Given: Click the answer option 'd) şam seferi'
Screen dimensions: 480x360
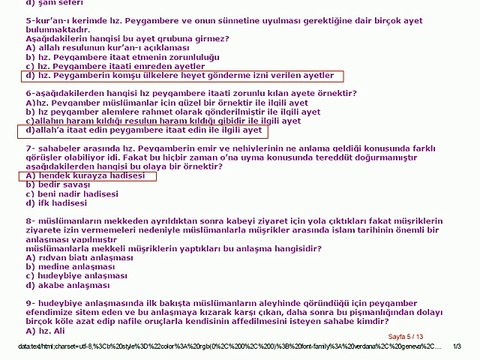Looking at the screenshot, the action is pos(50,4).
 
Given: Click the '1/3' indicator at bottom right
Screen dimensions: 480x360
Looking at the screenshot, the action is pos(458,349).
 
